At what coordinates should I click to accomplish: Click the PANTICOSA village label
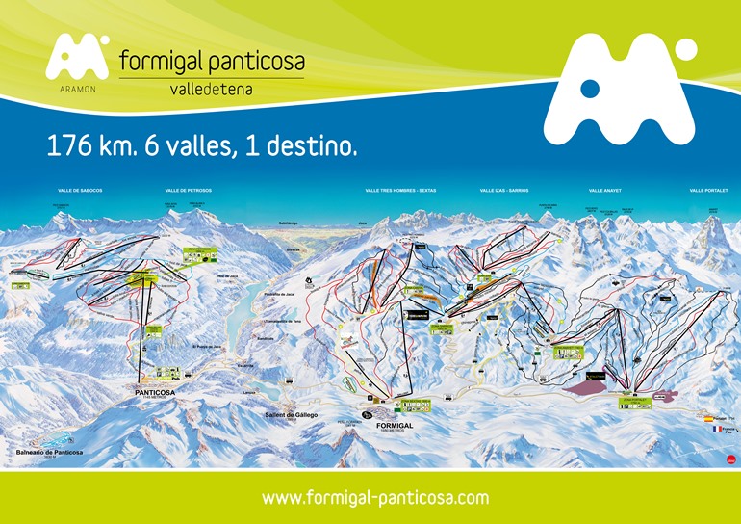point(156,393)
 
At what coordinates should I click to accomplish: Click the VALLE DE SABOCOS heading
point(81,191)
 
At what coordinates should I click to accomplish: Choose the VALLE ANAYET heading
point(608,191)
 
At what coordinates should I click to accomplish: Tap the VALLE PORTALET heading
point(709,191)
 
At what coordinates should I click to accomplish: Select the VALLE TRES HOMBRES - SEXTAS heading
point(400,191)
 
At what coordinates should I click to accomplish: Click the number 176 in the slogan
point(69,146)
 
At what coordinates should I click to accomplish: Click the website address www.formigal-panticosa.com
point(375,498)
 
